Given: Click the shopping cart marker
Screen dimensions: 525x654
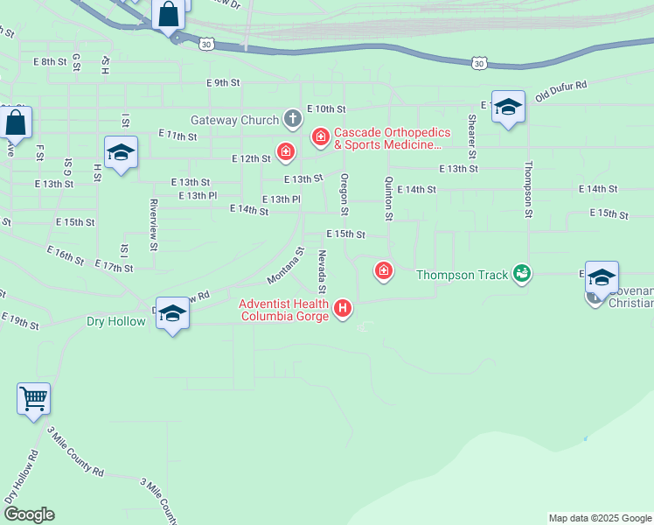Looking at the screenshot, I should coord(34,399).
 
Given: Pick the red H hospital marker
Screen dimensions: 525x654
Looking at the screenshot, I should coord(344,309).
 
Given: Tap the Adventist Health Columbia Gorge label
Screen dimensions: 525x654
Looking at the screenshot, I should coord(285,310).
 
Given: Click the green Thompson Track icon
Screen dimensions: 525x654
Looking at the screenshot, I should coord(522,275).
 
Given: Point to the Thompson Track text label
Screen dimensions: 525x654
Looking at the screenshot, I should coord(462,275).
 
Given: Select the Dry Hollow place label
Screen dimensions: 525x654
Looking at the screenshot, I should coord(115,321).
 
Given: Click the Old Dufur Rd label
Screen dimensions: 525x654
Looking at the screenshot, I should coord(560,90).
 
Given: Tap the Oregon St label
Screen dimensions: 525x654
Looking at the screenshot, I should coord(344,194).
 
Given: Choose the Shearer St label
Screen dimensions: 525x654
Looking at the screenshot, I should coord(472,130).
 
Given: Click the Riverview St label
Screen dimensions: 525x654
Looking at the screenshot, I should coord(153,225).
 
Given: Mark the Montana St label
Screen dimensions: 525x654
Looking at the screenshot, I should coord(285,265).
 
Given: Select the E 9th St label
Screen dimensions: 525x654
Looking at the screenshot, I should coord(223,82).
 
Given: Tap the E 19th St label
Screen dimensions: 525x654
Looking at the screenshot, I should coord(20,320).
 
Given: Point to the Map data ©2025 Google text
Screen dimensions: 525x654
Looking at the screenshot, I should coord(599,518).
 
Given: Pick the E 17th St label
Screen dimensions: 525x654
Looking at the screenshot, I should coord(112,266).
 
